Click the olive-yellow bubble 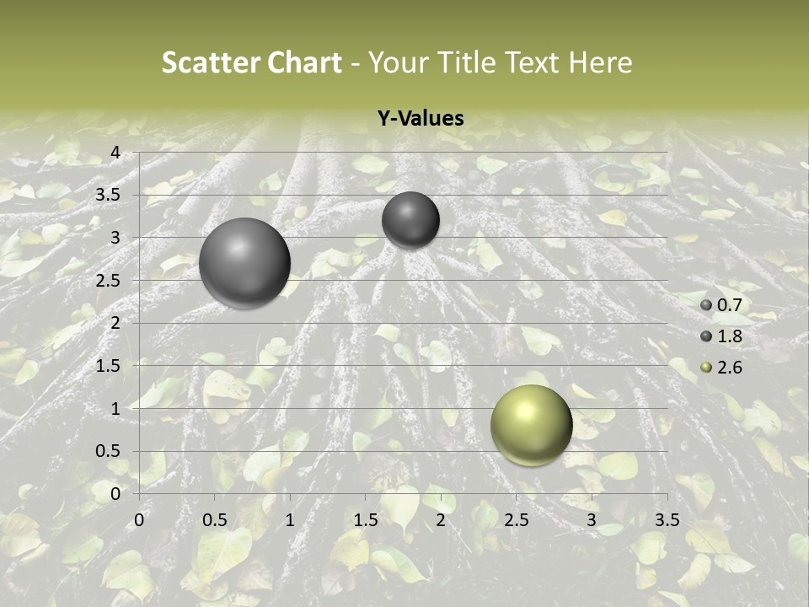[531, 425]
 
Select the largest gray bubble [244, 263]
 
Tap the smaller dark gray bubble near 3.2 [410, 220]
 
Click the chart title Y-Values [421, 119]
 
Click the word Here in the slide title [600, 62]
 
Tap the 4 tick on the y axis [115, 153]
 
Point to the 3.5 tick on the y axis [110, 195]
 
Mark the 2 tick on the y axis [115, 323]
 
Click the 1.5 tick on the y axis [110, 366]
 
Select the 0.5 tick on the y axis [110, 451]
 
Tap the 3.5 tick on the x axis [667, 520]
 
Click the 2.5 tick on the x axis [516, 520]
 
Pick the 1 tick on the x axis [290, 520]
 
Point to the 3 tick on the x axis [592, 520]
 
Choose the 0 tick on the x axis [139, 520]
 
